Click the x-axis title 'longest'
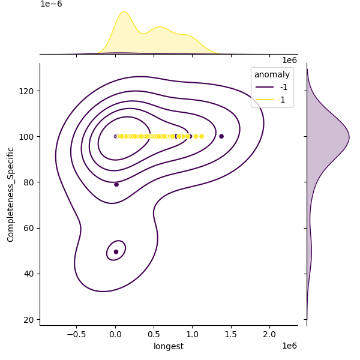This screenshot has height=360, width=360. pos(169,346)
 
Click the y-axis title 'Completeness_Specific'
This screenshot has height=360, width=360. pos(11,194)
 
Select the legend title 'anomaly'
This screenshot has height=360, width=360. pos(272,75)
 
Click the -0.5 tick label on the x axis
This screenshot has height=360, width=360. pos(76,334)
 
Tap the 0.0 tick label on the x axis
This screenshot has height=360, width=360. pos(115,334)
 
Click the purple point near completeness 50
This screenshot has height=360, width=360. pos(116,251)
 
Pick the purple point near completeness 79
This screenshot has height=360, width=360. pos(116,184)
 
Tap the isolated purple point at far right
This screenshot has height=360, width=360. pos(221,136)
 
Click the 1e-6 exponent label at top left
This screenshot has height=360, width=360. pos(51,4)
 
